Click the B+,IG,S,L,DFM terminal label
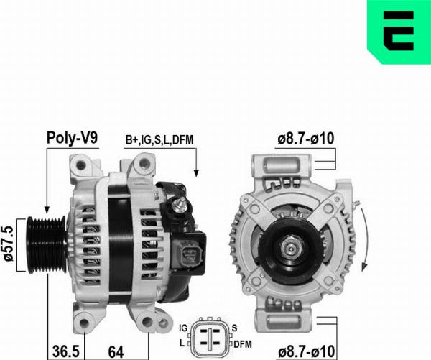[x=159, y=139]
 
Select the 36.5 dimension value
[x=65, y=351]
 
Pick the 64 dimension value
[x=116, y=351]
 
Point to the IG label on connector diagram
[x=183, y=328]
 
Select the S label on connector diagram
[x=235, y=328]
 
